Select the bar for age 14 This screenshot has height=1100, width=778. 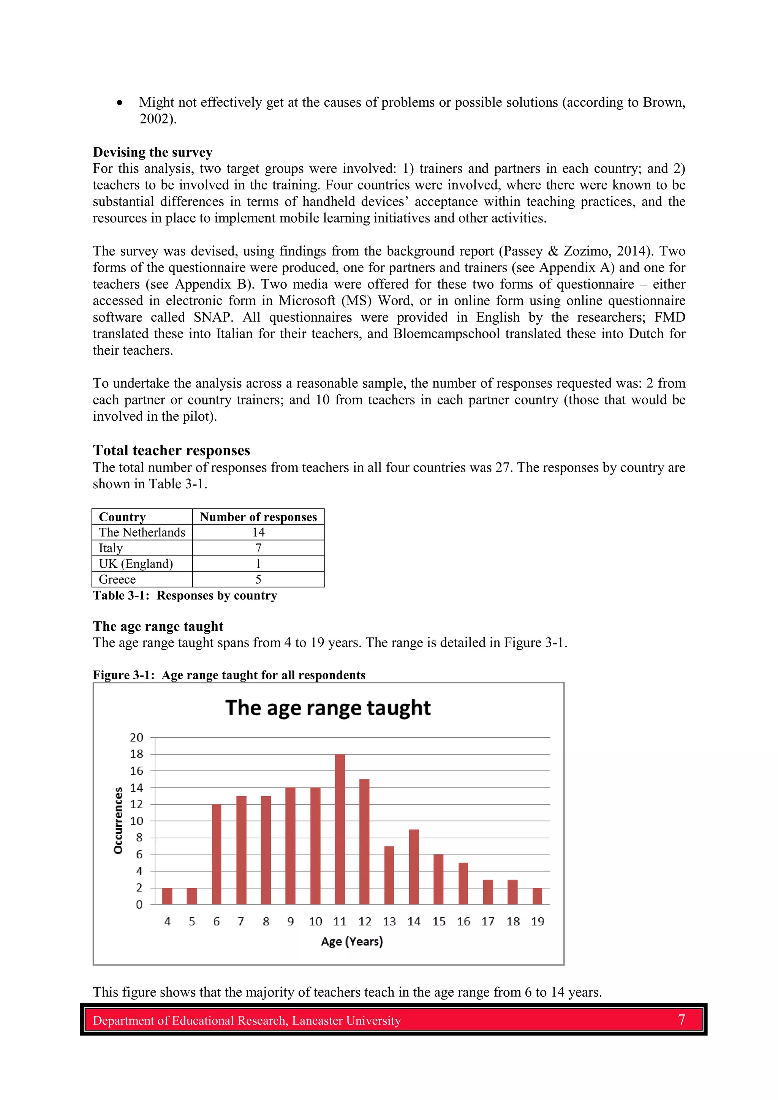pyautogui.click(x=414, y=867)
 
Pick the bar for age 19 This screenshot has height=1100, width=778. pyautogui.click(x=538, y=896)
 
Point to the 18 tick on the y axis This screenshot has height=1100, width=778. pyautogui.click(x=137, y=754)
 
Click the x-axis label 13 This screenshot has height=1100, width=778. pyautogui.click(x=389, y=921)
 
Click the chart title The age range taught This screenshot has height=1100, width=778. pyautogui.click(x=328, y=708)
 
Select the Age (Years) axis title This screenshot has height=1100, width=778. pyautogui.click(x=352, y=941)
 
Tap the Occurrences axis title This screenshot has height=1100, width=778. pyautogui.click(x=118, y=820)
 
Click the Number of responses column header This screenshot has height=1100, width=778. pyautogui.click(x=258, y=517)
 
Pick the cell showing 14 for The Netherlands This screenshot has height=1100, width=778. pyautogui.click(x=258, y=532)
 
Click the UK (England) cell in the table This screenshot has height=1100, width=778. pyautogui.click(x=136, y=564)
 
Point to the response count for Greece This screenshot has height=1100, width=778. pyautogui.click(x=258, y=580)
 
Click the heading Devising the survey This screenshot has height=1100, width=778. pyautogui.click(x=152, y=152)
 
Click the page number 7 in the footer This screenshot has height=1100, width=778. pyautogui.click(x=681, y=1020)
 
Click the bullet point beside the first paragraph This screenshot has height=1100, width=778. pyautogui.click(x=119, y=103)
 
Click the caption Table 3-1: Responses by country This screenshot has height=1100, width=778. pyautogui.click(x=185, y=595)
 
